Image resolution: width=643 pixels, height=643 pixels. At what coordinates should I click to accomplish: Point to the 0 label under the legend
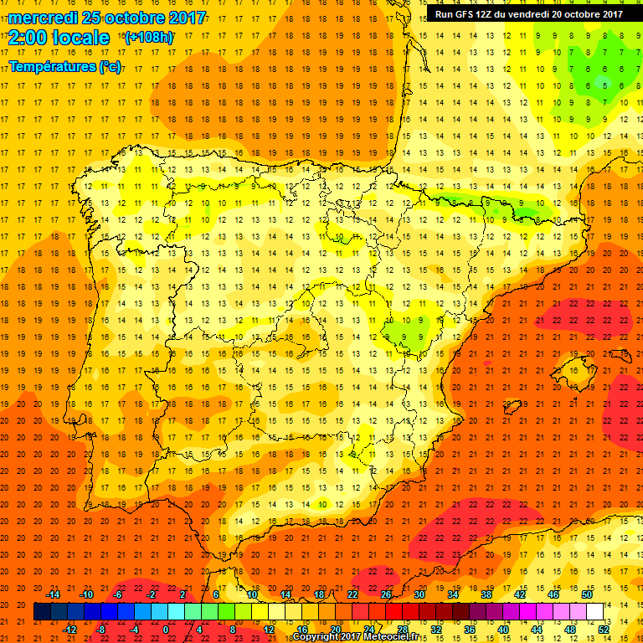(x=166, y=630)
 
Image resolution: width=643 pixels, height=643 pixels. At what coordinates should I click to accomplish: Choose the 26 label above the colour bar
(x=385, y=594)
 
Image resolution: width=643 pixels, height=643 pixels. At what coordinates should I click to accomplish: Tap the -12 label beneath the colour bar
(x=69, y=630)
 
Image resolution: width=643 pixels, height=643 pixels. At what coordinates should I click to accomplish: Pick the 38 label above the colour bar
(x=486, y=594)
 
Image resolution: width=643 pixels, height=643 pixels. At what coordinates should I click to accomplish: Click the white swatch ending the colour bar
(x=594, y=612)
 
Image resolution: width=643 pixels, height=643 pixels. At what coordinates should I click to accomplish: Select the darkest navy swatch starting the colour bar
(x=42, y=612)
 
